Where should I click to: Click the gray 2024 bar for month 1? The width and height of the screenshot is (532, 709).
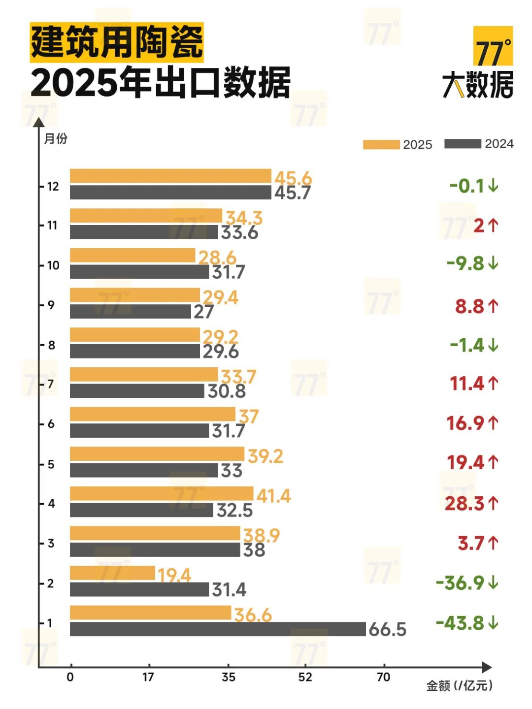pos(218,629)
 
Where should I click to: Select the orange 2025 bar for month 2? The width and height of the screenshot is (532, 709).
pos(112,573)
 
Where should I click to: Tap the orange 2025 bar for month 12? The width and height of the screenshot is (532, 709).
pos(170,176)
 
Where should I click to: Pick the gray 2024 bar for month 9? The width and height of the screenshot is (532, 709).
pos(130,312)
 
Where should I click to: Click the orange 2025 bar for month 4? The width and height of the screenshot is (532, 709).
pos(162,494)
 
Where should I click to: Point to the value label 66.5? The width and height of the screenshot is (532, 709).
pos(388,629)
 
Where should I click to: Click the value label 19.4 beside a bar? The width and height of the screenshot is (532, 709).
pos(174,575)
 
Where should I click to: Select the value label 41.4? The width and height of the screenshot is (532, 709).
pos(274,495)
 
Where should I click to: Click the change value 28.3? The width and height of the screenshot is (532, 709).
pos(465,503)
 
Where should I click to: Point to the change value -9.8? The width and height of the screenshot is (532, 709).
pos(465,263)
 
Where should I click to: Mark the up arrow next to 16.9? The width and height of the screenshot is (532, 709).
pos(494,423)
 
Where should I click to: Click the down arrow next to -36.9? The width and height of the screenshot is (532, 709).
pos(494,583)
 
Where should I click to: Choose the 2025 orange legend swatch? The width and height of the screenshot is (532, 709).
pos(381,144)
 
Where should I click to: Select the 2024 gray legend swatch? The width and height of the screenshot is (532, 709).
pos(463,144)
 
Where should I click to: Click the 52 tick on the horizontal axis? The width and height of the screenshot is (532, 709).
pos(305,677)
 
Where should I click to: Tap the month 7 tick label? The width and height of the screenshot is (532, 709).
pos(51,384)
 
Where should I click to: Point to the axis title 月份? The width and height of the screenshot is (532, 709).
pos(56,138)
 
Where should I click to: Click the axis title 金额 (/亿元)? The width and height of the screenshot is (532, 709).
pos(459,685)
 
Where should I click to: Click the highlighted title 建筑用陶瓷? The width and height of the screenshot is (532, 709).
pos(117,42)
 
